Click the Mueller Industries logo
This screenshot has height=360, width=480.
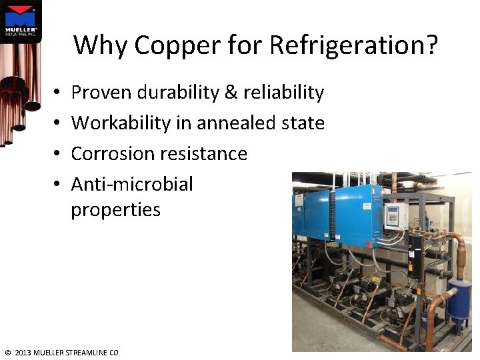pos(21,21)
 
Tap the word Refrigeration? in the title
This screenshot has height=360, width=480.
pos(354,46)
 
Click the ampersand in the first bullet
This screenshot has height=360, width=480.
pos(231,93)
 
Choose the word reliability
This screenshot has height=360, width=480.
pos(283,93)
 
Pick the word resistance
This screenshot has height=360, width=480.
pos(203,154)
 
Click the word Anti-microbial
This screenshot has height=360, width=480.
pos(132,184)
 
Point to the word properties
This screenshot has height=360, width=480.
pos(115,210)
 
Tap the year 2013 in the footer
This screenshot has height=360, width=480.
pos(23,353)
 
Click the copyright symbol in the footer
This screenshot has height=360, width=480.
pos(7,353)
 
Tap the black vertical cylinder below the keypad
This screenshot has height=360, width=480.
pos(415,253)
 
